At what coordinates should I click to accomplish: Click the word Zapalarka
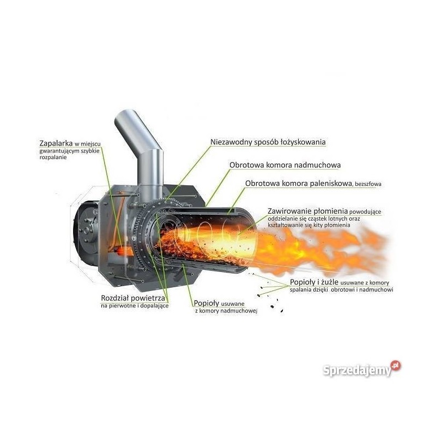(56, 143)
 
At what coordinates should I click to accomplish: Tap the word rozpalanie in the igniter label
(53, 158)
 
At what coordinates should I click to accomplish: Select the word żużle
(330, 282)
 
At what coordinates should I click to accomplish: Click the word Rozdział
(114, 298)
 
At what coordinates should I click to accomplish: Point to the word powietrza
(148, 298)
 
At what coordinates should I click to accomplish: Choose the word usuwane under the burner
(233, 304)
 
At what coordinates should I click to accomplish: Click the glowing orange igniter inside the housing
(122, 251)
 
